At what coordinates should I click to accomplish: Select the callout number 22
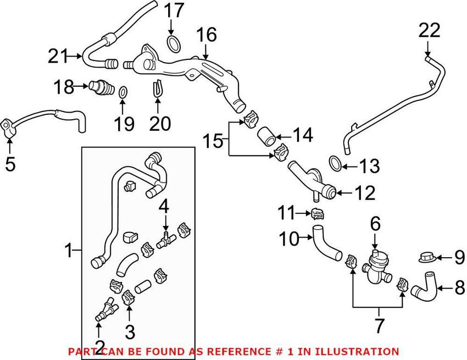tap(429, 30)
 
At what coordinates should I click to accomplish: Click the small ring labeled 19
tap(124, 91)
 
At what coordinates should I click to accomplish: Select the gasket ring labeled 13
tap(335, 162)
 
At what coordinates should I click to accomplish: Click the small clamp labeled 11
tap(316, 213)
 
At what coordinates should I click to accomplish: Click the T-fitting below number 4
tap(164, 239)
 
